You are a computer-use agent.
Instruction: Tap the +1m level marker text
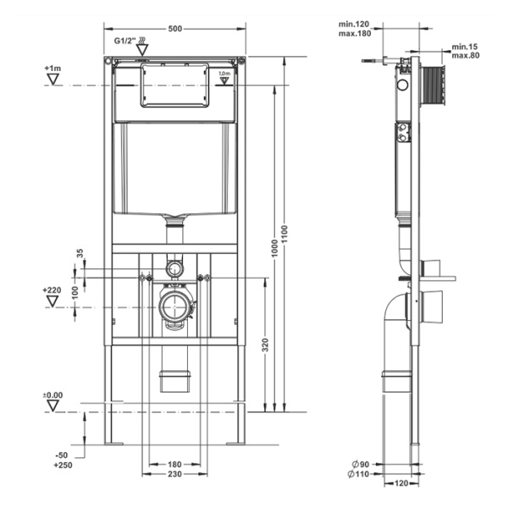click(52, 68)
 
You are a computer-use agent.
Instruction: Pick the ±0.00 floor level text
click(53, 395)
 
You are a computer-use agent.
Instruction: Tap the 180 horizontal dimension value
click(175, 465)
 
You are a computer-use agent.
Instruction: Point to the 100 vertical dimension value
click(75, 291)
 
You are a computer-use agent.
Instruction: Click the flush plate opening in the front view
click(174, 85)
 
